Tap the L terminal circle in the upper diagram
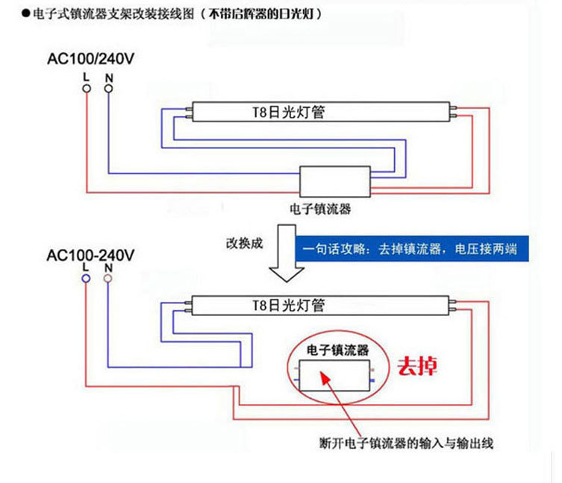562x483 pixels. (x=87, y=89)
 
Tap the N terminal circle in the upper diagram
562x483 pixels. (x=109, y=89)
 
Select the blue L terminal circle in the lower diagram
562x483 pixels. (x=87, y=278)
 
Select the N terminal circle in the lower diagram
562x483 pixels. (x=108, y=278)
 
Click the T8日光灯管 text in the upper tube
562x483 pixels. (x=287, y=113)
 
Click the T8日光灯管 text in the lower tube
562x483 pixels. (x=287, y=305)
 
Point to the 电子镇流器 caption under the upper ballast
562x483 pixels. (x=319, y=209)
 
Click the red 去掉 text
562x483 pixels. (x=417, y=367)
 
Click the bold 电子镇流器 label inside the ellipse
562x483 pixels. (x=337, y=350)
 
